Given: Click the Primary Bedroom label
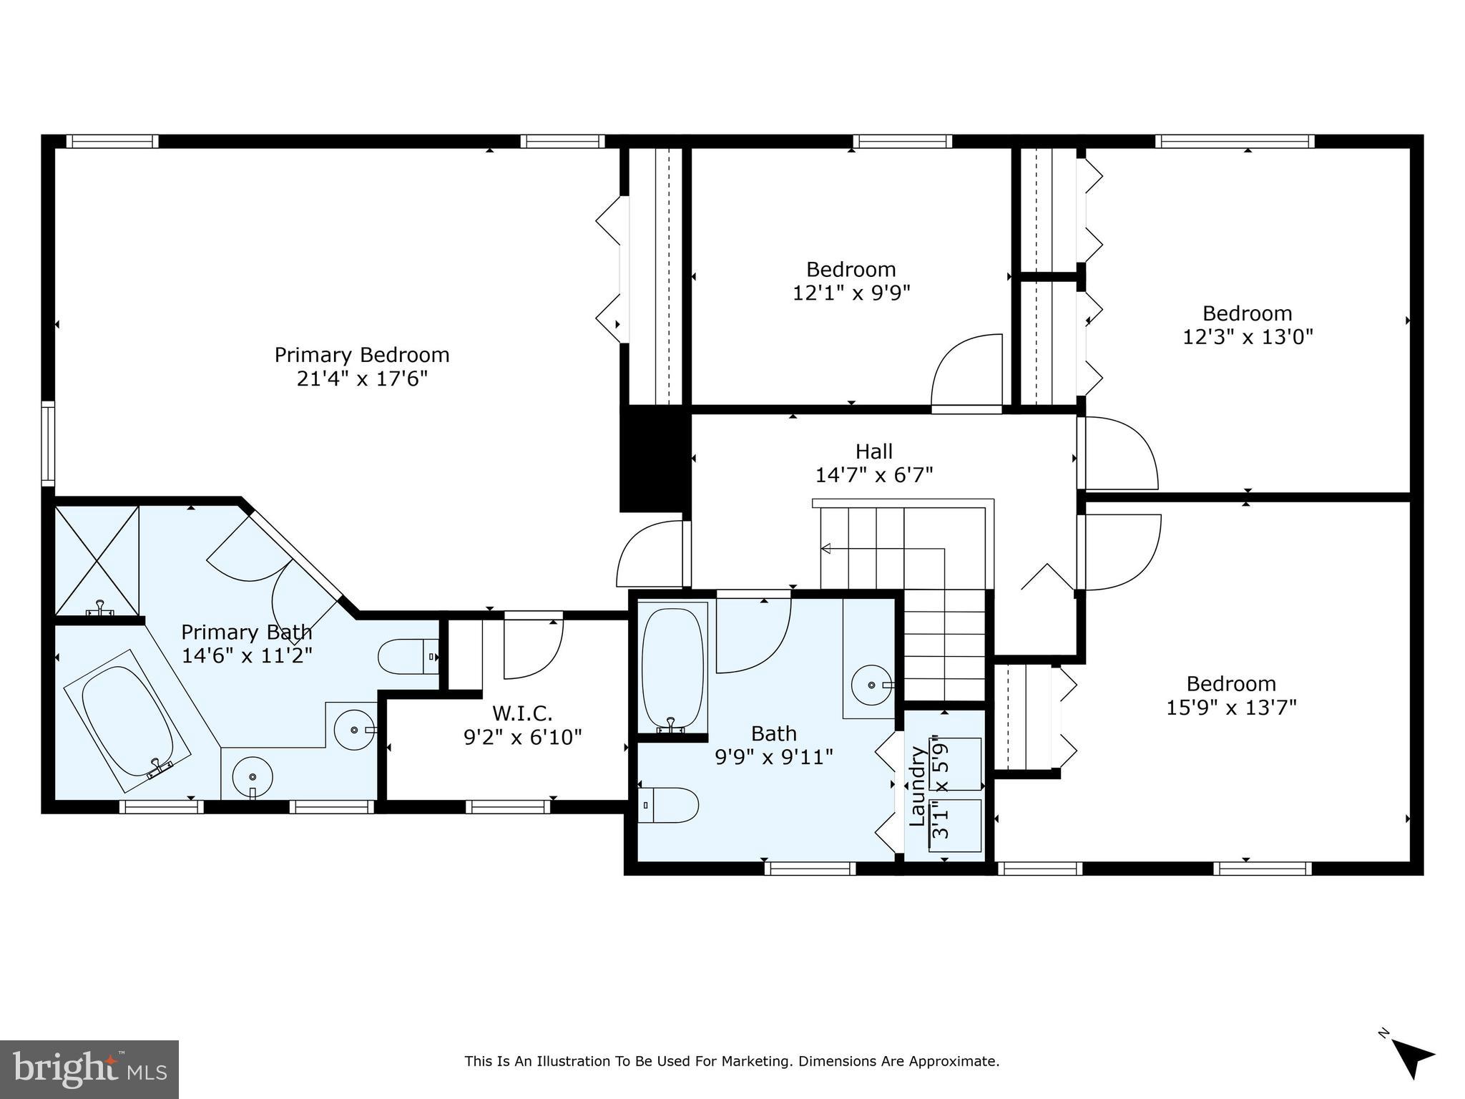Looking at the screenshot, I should (x=362, y=355).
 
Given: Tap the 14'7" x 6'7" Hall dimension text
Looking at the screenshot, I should (x=874, y=474).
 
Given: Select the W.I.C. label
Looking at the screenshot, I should (x=522, y=713).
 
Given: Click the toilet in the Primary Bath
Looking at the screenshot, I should (x=406, y=657).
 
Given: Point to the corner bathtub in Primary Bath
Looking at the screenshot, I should (x=127, y=721).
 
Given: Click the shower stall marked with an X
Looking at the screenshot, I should (x=97, y=560).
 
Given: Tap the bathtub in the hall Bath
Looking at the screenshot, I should (x=672, y=670).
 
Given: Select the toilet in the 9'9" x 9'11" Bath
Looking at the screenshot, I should (x=668, y=806).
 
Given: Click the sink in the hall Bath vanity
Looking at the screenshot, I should (x=872, y=685).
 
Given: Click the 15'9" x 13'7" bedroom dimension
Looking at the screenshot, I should (x=1231, y=708).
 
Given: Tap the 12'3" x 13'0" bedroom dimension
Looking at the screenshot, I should (x=1248, y=336).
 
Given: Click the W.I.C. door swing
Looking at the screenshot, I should (x=532, y=648).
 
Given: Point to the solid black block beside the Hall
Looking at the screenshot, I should (x=654, y=459).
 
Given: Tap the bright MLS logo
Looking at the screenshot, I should (x=89, y=1070).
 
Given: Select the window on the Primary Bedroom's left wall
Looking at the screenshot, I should (x=48, y=443).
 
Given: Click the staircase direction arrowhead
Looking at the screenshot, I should (x=825, y=549).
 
